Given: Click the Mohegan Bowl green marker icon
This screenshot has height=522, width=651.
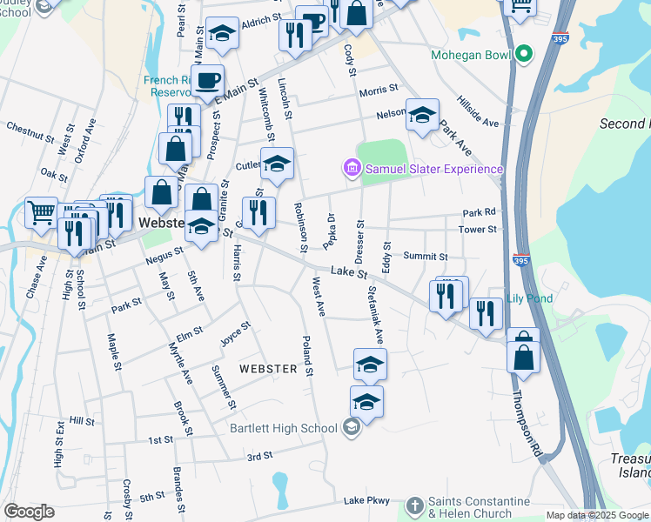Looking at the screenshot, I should click(x=523, y=55).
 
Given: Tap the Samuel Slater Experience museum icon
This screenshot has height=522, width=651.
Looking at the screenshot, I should click(x=352, y=167).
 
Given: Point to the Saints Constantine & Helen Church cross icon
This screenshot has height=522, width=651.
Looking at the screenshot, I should click(x=413, y=505).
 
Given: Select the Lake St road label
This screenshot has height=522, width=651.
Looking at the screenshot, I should click(x=345, y=272).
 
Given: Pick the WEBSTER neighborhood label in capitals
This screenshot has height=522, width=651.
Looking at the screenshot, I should click(x=269, y=369).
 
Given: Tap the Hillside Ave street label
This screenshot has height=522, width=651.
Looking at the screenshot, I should click(x=479, y=113).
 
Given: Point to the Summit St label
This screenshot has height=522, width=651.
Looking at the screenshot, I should click(x=426, y=257).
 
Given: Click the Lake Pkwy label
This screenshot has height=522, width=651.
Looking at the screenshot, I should click(x=365, y=500).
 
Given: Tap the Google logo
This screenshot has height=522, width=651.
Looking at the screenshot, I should click(x=29, y=512).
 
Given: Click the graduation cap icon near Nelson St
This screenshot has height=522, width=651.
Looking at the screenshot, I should click(x=422, y=115).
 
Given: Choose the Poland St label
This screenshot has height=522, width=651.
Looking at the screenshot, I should click(x=307, y=356).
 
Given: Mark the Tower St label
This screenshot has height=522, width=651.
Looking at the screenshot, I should click(x=479, y=230).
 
